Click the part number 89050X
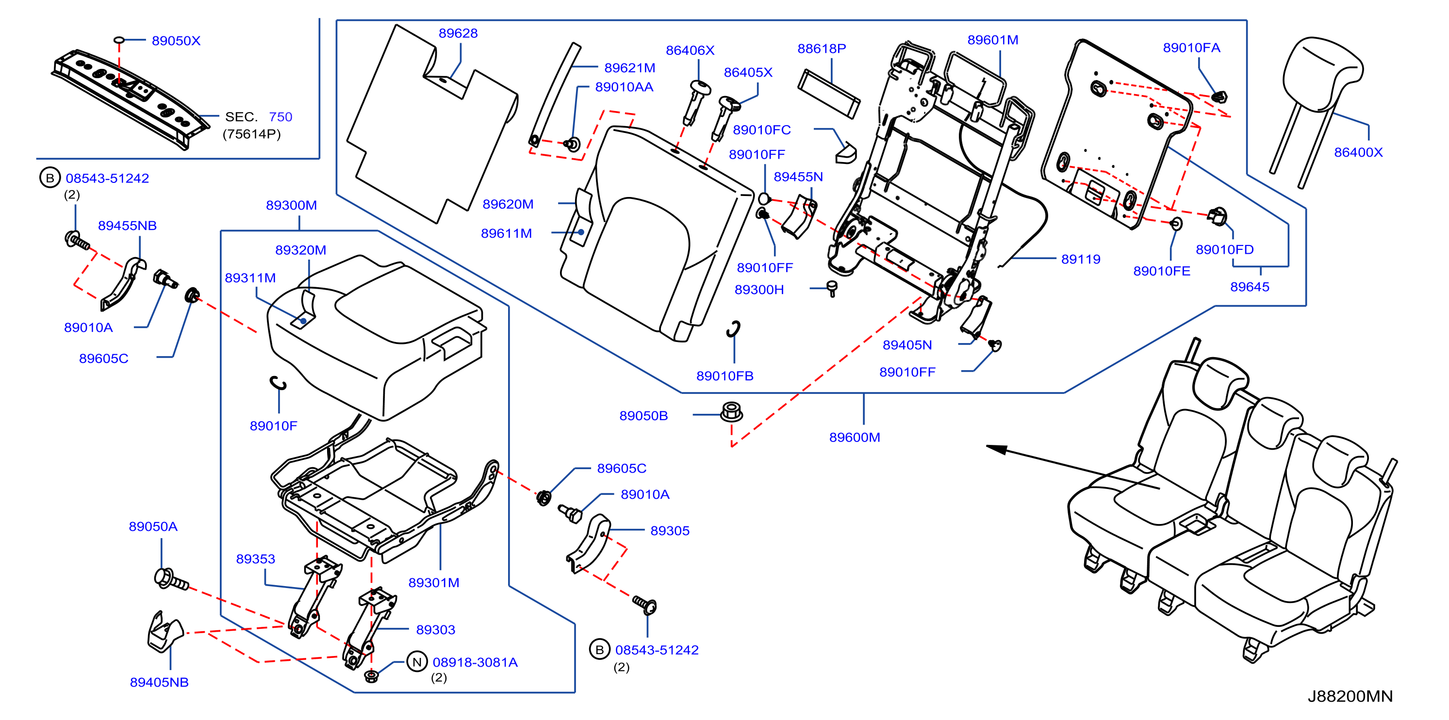[176, 40]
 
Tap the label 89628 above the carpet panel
[458, 33]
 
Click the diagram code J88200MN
[1350, 696]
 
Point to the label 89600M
[855, 437]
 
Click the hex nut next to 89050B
[731, 412]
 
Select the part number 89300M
[291, 205]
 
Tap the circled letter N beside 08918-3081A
[417, 662]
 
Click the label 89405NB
[159, 682]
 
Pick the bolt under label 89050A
[171, 580]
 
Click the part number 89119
[1081, 259]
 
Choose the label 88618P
[821, 49]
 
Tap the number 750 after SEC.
[280, 117]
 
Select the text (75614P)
[251, 134]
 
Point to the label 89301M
[434, 583]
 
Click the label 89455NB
[127, 226]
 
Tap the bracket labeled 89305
[588, 543]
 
